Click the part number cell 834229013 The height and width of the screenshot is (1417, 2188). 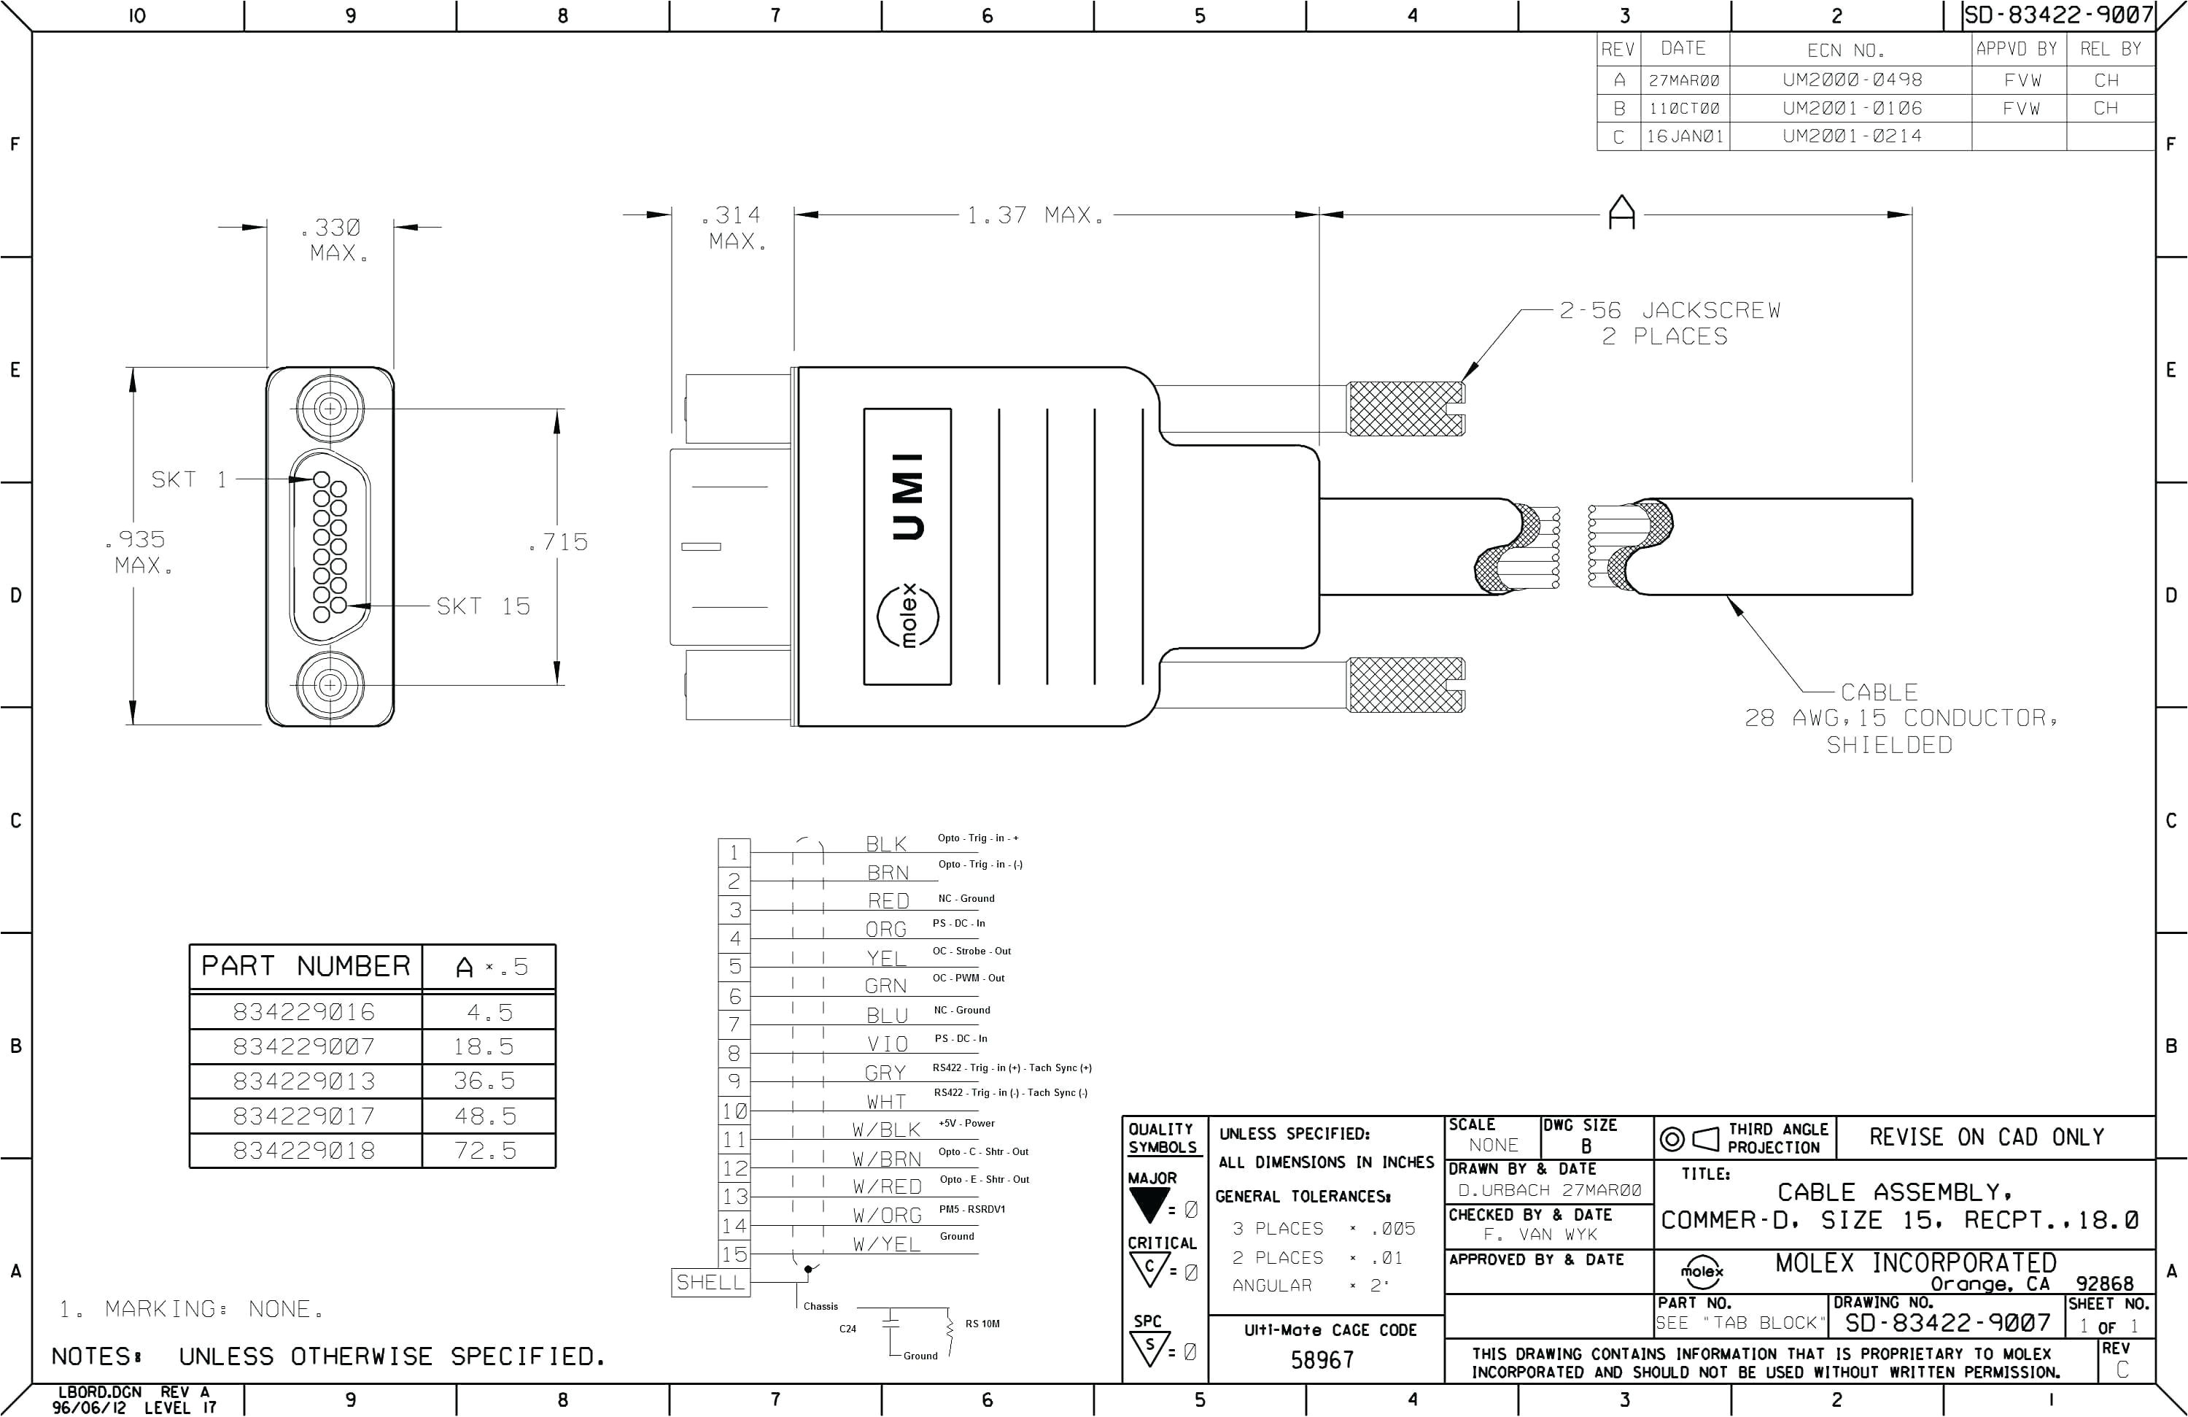click(304, 1081)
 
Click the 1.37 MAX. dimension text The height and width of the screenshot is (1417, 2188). click(1035, 215)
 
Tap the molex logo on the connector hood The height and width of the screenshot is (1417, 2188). click(908, 615)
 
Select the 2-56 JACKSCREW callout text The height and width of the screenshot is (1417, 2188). click(1669, 311)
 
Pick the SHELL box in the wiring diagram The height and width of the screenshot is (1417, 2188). click(710, 1282)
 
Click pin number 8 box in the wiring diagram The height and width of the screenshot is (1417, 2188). click(734, 1053)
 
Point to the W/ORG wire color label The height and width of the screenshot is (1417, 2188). click(886, 1216)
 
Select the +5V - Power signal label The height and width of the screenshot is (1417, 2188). click(966, 1123)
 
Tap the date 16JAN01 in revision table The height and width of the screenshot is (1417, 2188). click(1684, 136)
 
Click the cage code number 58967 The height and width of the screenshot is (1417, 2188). click(1322, 1360)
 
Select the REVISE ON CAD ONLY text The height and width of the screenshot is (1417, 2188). click(1986, 1138)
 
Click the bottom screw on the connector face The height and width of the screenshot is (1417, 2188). click(329, 684)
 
